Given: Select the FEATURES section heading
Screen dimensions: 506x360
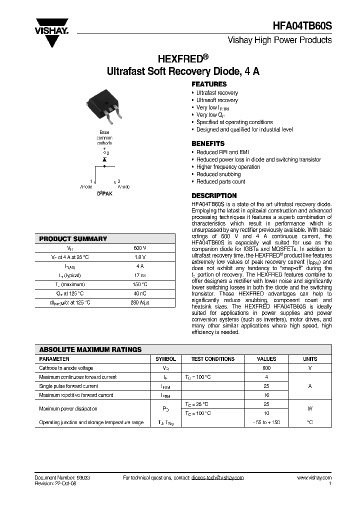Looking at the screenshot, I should click(209, 84).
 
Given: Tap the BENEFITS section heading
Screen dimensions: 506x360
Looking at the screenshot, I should click(208, 143).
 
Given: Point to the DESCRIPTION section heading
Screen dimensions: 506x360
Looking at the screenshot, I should click(214, 195).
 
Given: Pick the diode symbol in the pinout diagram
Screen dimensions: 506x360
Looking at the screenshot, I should click(104, 159).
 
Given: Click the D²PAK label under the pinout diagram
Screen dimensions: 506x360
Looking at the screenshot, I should click(104, 193).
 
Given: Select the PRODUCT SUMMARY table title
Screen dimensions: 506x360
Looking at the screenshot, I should click(73, 239).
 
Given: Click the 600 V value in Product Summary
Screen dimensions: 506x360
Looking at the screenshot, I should click(139, 248).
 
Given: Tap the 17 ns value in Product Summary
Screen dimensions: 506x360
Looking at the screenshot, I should click(139, 275).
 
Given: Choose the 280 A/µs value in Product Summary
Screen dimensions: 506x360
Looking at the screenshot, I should click(139, 302).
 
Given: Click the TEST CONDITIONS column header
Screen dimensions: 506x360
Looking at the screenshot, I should click(212, 359).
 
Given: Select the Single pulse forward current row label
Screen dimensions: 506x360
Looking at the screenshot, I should click(68, 386).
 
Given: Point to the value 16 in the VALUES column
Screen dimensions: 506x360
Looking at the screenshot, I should click(266, 395).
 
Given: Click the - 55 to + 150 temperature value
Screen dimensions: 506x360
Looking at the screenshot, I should click(266, 422).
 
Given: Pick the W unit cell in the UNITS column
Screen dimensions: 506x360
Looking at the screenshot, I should click(310, 408).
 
